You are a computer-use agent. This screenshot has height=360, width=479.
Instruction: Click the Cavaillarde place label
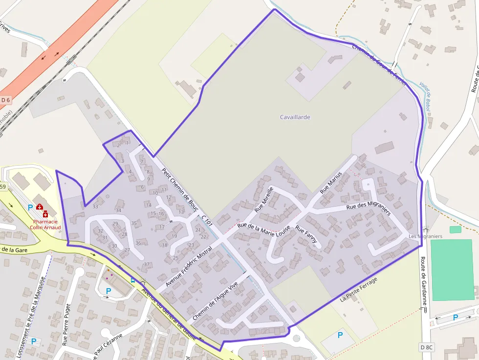pos(295,117)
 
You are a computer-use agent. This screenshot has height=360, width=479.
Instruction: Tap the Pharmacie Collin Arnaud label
pos(44,224)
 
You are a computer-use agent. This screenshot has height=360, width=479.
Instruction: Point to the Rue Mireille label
pos(263,199)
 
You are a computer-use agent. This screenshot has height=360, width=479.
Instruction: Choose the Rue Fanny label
pos(306,234)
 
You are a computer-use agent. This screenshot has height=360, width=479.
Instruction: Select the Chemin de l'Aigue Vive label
pos(215,301)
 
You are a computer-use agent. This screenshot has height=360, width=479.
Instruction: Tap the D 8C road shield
pos(426,347)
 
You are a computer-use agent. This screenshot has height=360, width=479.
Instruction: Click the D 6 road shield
pos(6,100)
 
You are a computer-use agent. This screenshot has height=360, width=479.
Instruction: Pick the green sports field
pos(452,269)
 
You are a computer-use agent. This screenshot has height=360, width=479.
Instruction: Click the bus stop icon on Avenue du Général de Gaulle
pos(133,280)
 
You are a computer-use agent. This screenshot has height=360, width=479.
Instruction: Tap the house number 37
pos(147,264)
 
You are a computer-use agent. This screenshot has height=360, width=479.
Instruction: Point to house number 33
pos(95,207)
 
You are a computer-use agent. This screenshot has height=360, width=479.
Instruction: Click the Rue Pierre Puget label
pos(67,324)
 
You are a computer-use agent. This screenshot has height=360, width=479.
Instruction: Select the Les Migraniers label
pos(425,236)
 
